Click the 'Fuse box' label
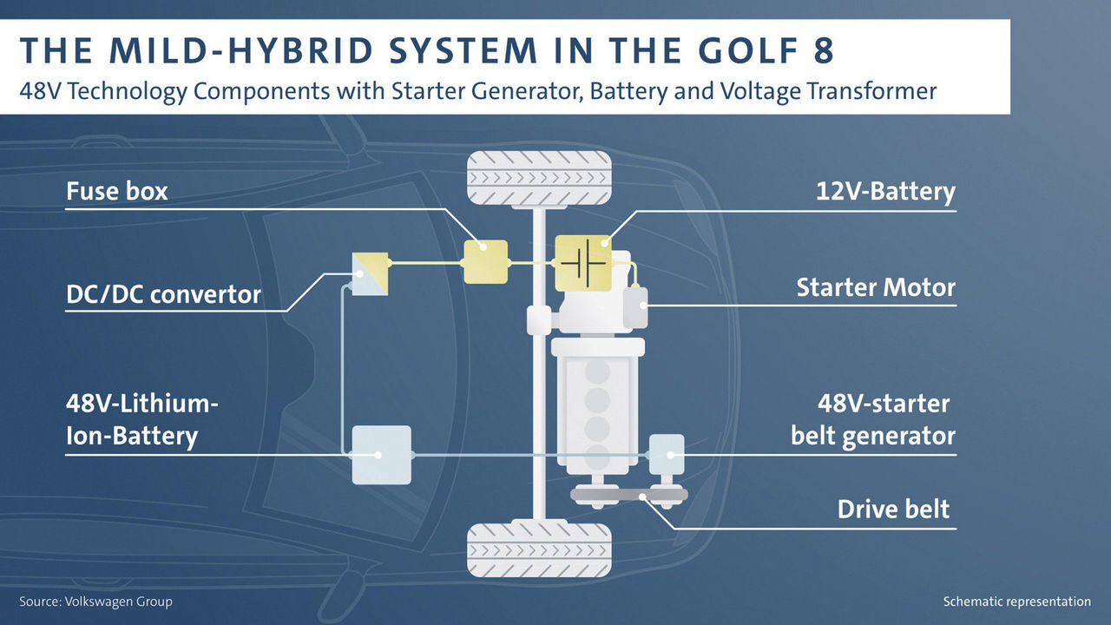117,191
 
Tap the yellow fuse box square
485,261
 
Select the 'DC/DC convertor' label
163,294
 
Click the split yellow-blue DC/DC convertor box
370,273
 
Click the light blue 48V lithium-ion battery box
381,454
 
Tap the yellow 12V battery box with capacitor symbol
582,261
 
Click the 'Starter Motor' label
876,287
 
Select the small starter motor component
636,308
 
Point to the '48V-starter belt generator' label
872,419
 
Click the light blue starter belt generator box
667,452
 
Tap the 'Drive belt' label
893,509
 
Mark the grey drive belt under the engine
629,495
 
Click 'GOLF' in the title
741,51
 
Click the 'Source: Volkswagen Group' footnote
95,602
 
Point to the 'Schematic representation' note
1016,602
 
